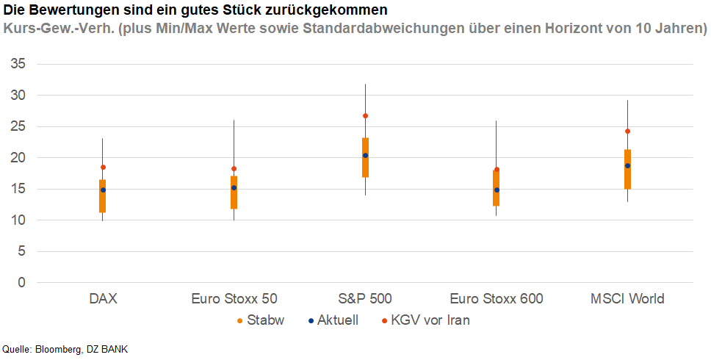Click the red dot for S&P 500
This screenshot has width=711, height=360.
click(365, 116)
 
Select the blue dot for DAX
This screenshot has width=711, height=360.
click(103, 190)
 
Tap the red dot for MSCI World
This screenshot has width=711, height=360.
click(627, 132)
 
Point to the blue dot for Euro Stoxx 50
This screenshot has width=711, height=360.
click(234, 188)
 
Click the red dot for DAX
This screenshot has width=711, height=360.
click(103, 168)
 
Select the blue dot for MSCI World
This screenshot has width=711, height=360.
click(627, 166)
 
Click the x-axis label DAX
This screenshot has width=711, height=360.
click(103, 299)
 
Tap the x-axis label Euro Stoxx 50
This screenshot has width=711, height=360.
click(234, 299)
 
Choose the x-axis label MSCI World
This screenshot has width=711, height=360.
click(627, 299)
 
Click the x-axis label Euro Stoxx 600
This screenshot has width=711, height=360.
click(497, 299)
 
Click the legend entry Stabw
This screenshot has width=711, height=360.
click(265, 320)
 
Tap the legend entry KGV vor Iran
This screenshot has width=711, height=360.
click(430, 320)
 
